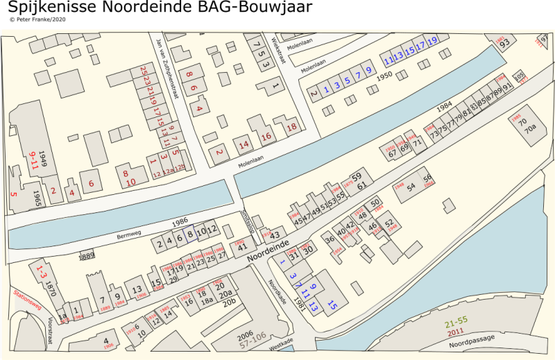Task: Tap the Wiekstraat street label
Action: (280, 49)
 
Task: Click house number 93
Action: (505, 43)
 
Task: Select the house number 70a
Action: (530, 129)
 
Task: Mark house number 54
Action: (411, 187)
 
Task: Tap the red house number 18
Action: (292, 126)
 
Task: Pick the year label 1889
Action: (87, 256)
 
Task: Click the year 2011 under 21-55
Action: (456, 332)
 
